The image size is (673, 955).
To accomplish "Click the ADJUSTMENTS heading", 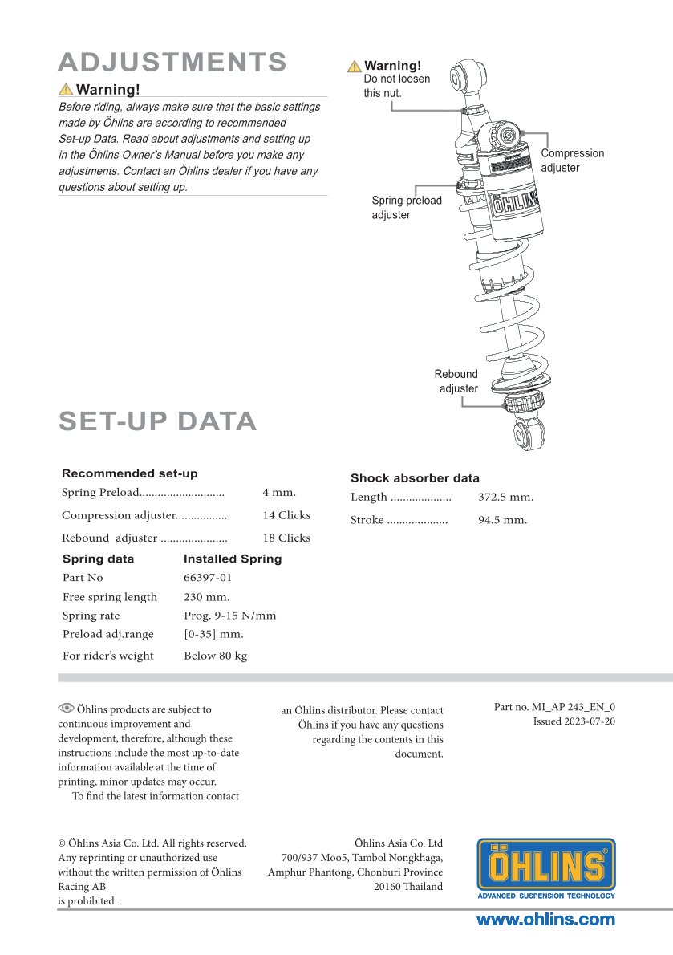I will tap(172, 62).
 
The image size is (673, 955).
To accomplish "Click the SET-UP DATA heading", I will tap(158, 421).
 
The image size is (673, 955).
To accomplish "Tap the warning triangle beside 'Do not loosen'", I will tap(354, 67).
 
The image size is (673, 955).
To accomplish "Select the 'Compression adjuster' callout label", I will tap(572, 161).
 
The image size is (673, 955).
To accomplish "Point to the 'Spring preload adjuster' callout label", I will tap(406, 208).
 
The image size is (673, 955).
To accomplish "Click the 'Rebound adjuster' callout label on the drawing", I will tap(456, 381).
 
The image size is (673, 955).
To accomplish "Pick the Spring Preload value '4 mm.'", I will tap(279, 493).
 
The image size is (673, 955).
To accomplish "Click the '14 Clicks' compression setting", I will tap(286, 515).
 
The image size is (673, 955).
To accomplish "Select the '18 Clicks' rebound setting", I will tap(286, 538).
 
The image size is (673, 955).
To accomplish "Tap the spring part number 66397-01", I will tap(208, 578).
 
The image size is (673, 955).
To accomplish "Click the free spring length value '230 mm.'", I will tap(207, 597).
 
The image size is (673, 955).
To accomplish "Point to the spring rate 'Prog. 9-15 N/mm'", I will tap(229, 616).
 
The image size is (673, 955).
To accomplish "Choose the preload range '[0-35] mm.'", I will tap(213, 634).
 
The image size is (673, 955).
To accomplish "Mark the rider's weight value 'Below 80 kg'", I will tap(215, 656).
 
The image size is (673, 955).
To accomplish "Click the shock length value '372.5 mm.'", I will tap(505, 498).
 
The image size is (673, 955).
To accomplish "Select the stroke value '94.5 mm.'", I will tap(502, 520).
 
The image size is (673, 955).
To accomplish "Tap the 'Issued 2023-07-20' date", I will tap(574, 721).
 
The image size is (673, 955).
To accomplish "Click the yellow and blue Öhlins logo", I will tap(546, 868).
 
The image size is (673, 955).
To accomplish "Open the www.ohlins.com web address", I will tap(545, 920).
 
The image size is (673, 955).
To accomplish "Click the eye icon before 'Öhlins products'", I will tap(66, 708).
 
